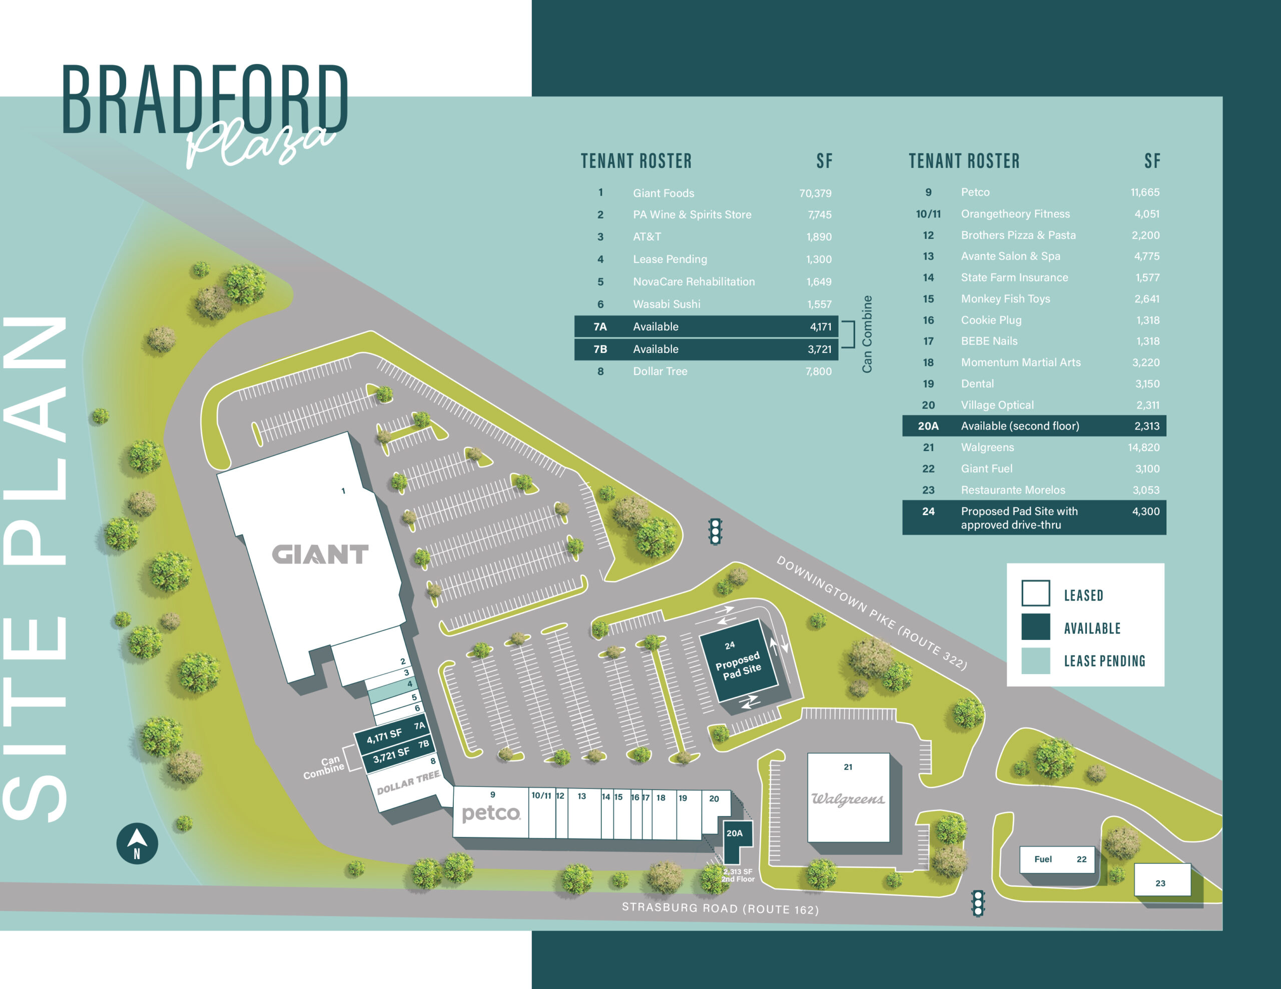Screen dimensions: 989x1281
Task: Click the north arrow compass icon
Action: coord(137,843)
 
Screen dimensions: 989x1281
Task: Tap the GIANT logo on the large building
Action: coord(320,554)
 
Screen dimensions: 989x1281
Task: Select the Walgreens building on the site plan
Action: coord(848,798)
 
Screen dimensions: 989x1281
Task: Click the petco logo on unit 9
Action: coord(491,813)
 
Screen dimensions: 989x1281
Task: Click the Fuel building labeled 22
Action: coord(1057,859)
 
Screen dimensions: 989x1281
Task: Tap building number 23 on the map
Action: coord(1161,882)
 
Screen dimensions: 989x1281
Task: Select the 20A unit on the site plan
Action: coord(735,834)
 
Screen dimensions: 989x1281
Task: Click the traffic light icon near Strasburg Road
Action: coord(978,903)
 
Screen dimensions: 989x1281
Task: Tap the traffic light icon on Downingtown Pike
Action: coord(715,531)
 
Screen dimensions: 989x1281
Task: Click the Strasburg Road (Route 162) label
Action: coord(720,908)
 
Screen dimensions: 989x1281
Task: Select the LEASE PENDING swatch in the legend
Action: coord(1035,660)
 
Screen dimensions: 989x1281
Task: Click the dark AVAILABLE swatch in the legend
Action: coord(1035,627)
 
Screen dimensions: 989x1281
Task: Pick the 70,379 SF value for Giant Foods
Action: coord(815,193)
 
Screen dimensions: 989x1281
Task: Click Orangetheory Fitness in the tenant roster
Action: coord(1015,214)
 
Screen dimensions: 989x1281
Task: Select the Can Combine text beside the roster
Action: coord(867,334)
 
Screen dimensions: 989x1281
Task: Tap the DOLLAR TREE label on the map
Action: coord(408,783)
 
